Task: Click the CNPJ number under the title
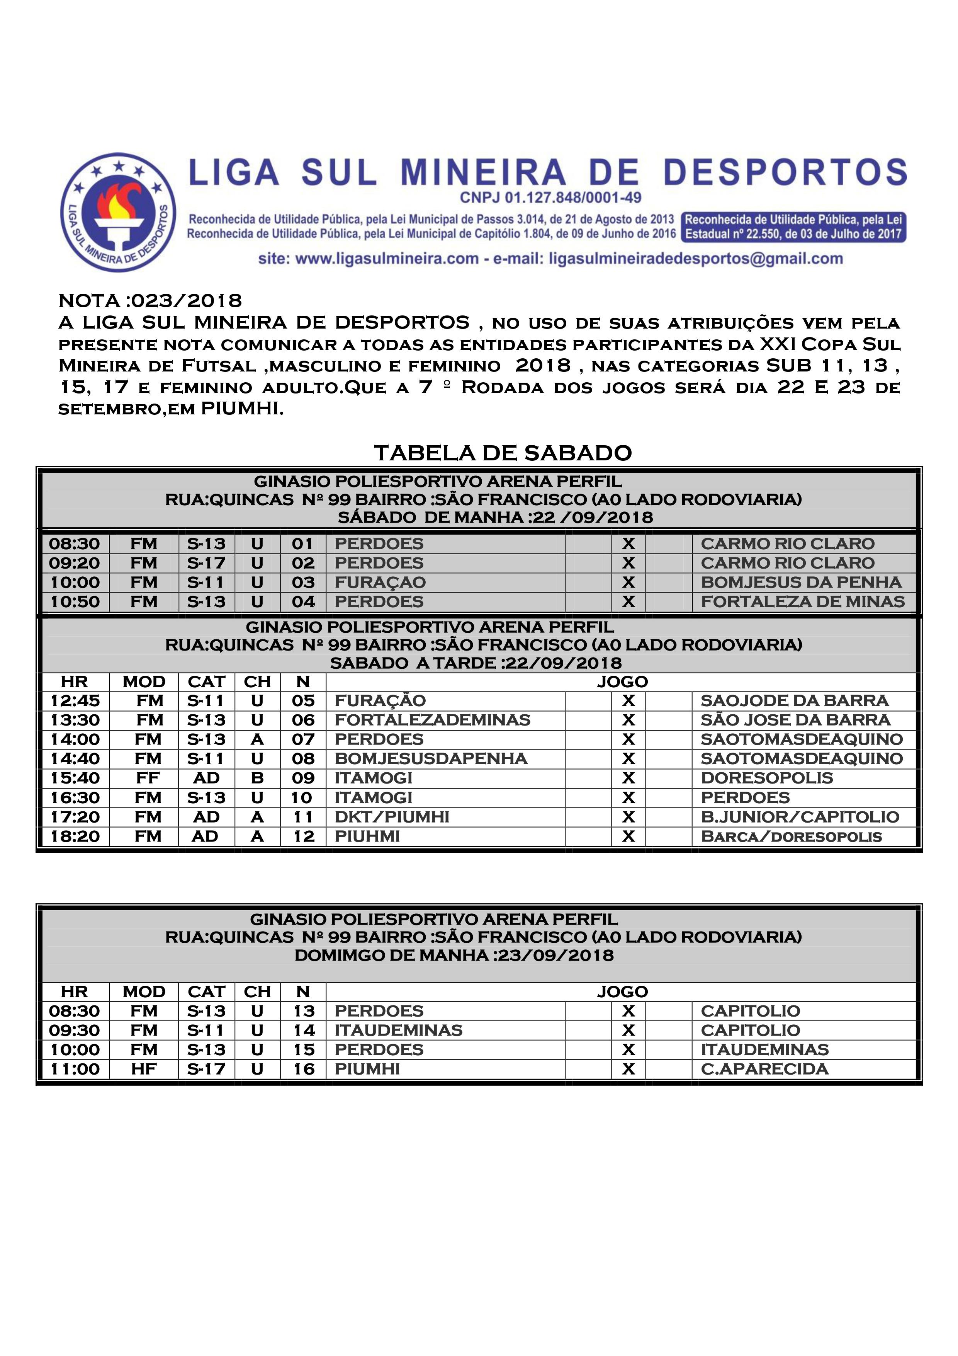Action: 550,198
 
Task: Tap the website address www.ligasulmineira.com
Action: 387,259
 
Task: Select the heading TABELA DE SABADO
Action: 503,453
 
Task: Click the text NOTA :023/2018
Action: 150,301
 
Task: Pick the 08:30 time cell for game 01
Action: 75,543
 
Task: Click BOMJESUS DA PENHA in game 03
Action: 801,582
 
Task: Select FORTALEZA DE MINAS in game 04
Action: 802,602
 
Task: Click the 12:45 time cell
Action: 75,700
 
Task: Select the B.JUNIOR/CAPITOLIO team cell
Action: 800,817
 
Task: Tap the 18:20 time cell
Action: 75,836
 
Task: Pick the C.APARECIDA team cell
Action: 764,1069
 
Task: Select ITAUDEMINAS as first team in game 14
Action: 398,1031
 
